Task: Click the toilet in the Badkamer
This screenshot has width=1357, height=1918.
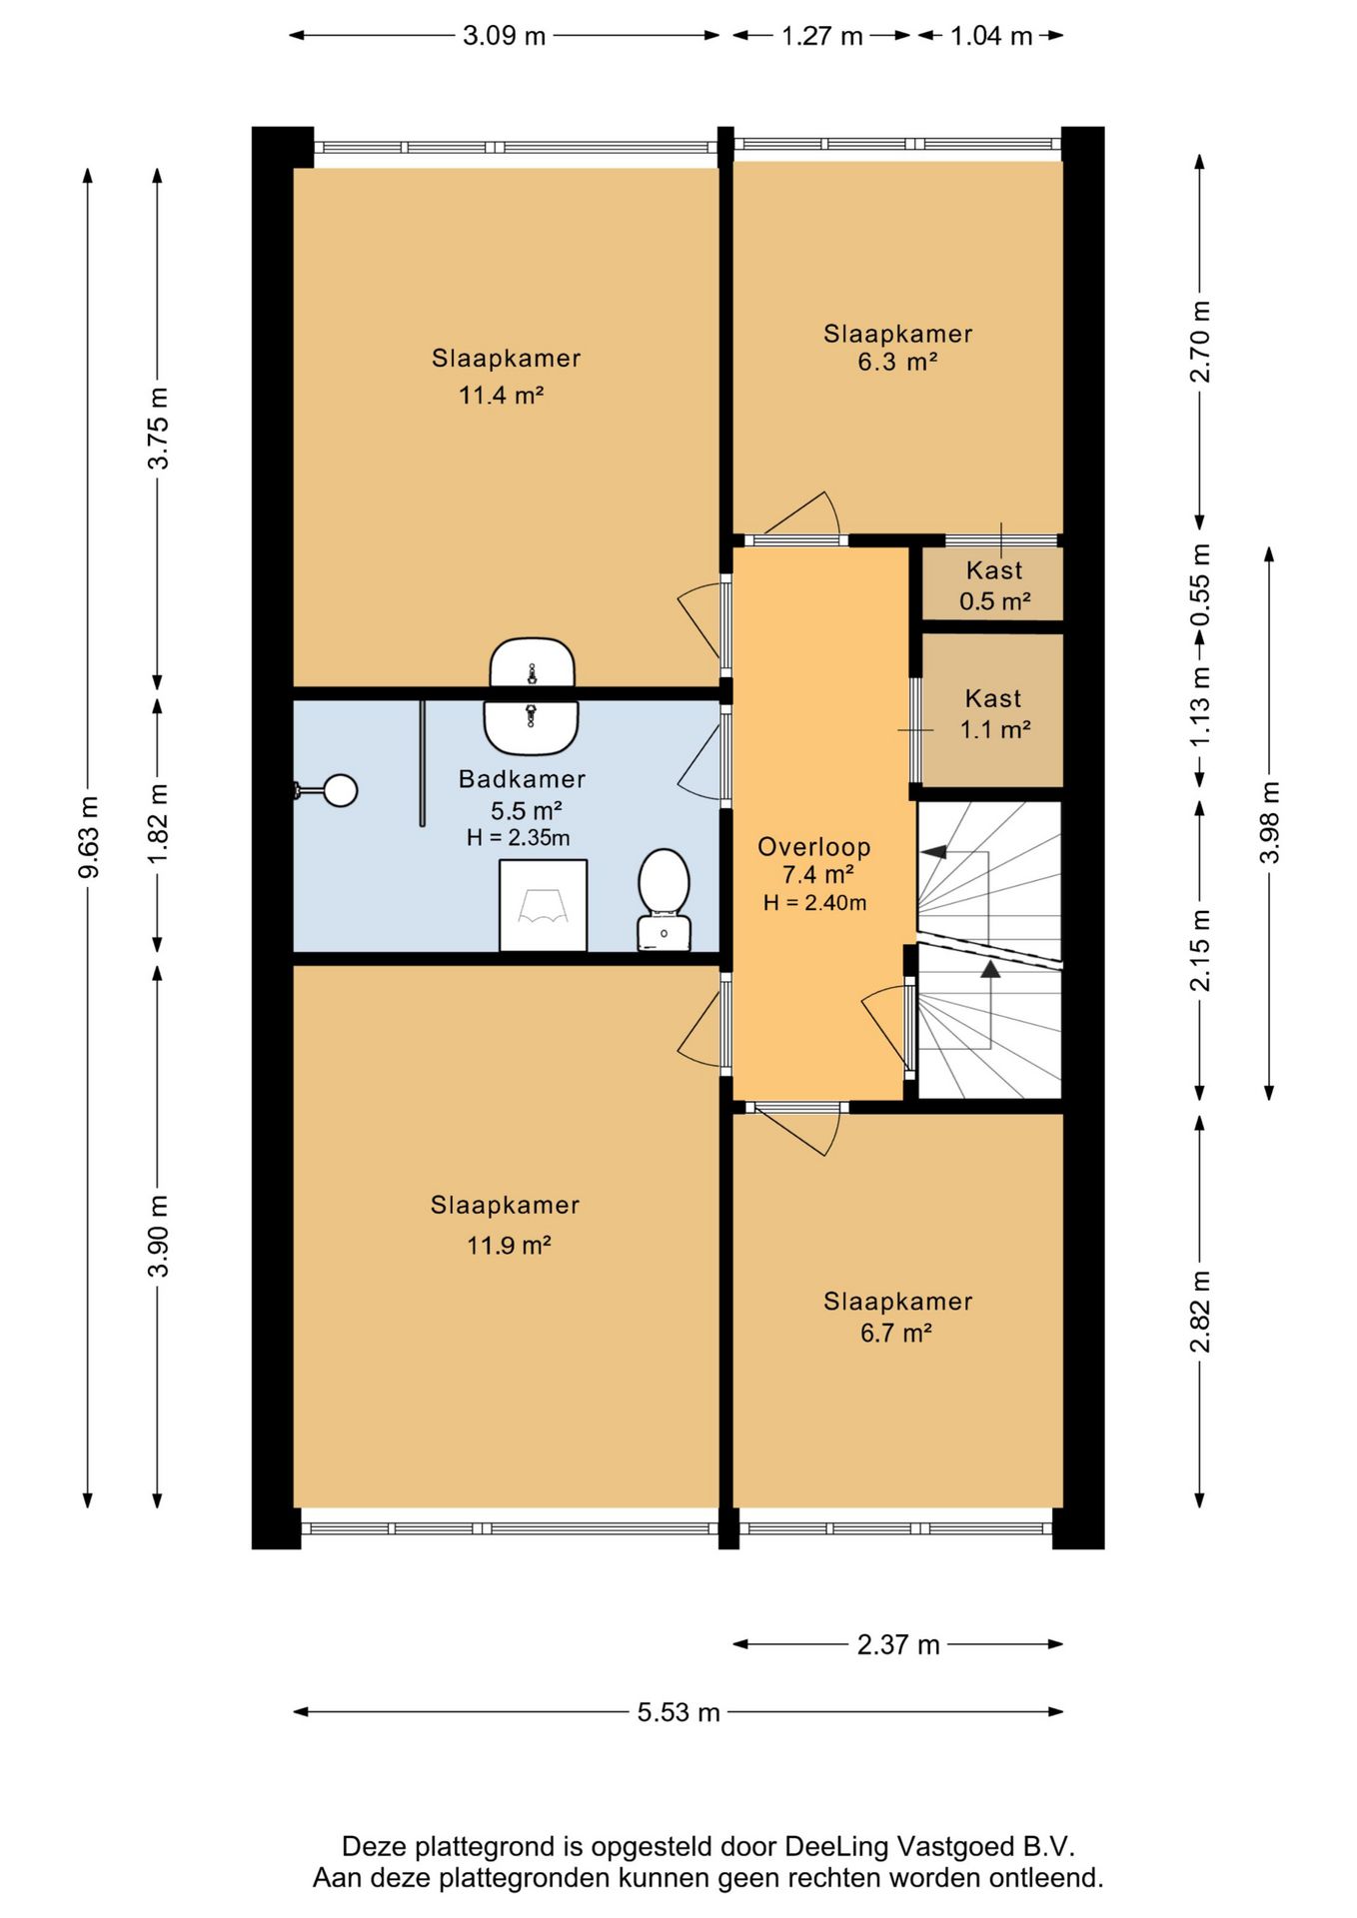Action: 664,899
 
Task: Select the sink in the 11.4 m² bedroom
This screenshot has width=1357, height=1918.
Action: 532,662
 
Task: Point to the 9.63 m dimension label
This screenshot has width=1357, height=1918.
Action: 88,837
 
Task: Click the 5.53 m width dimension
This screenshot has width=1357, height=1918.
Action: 678,1712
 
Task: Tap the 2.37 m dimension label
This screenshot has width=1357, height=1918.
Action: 898,1644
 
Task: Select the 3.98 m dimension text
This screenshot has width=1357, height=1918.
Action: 1269,822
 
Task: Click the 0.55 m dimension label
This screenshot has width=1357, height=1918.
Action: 1200,584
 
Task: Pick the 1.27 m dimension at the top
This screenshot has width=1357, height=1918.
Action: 821,36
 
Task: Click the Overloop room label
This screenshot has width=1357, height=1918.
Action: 814,847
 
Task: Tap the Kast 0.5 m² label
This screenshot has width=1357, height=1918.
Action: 994,585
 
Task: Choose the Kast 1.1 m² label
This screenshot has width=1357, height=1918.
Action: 994,714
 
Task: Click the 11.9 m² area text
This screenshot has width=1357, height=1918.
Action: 509,1245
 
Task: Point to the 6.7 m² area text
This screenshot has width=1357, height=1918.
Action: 896,1333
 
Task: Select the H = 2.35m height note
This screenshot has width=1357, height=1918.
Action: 518,838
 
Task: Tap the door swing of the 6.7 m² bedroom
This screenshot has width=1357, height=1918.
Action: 799,1131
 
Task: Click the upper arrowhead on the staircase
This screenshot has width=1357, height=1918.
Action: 933,852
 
